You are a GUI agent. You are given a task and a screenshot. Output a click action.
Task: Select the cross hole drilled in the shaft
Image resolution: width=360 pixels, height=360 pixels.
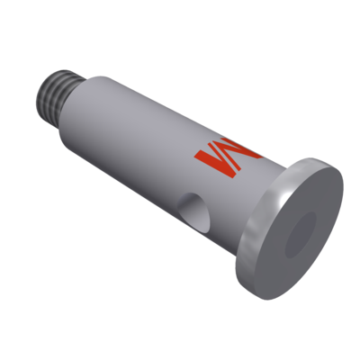[191, 212]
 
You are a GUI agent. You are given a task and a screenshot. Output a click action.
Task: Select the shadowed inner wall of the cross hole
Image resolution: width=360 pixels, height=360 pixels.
[186, 212]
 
